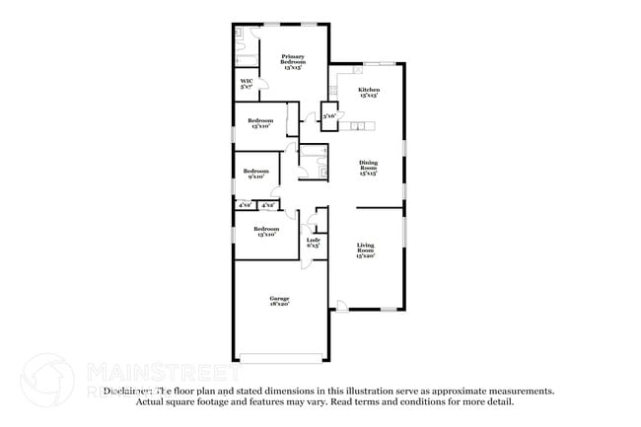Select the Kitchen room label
tap(368, 91)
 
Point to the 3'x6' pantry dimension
tap(329, 116)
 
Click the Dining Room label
tap(368, 165)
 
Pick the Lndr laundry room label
tap(313, 240)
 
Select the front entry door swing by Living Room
tap(341, 306)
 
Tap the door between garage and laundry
tap(306, 261)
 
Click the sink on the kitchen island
tap(359, 125)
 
